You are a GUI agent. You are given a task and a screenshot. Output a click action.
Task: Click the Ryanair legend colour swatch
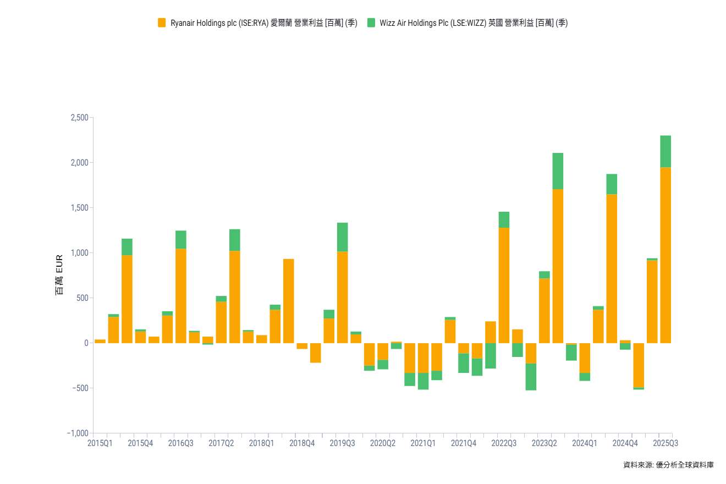pos(162,23)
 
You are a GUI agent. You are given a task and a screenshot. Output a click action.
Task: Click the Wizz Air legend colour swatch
pos(371,23)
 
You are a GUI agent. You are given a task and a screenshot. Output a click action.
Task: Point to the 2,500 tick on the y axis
pos(80,118)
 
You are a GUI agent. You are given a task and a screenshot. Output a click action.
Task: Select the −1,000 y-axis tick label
pos(78,433)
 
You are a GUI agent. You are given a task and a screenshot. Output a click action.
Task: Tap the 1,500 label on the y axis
pos(80,208)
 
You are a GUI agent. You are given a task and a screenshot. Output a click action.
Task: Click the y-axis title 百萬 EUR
pos(59,274)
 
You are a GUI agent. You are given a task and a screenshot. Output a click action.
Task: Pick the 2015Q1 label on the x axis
pos(100,443)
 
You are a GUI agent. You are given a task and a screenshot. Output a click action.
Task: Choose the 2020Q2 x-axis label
pos(383,443)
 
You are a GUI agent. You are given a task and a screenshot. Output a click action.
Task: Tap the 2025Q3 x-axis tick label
pos(665,443)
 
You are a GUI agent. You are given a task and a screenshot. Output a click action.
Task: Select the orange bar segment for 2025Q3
pos(665,255)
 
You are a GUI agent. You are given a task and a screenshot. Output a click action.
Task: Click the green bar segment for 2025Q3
pos(665,151)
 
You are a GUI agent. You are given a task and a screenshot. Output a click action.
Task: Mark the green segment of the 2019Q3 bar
pos(343,237)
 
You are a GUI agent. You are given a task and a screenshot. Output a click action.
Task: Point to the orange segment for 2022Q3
pos(504,285)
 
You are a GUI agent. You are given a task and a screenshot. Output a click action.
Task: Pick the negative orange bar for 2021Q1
pos(423,358)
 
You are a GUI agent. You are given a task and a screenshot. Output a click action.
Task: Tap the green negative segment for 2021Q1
pos(423,381)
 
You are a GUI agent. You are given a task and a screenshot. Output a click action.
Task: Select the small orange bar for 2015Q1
pos(100,341)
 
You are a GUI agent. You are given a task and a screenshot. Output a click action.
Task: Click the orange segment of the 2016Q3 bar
pos(181,295)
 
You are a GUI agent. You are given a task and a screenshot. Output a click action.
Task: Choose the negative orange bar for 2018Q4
pos(302,346)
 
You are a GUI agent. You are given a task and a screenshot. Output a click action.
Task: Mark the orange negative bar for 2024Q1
pos(585,358)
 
